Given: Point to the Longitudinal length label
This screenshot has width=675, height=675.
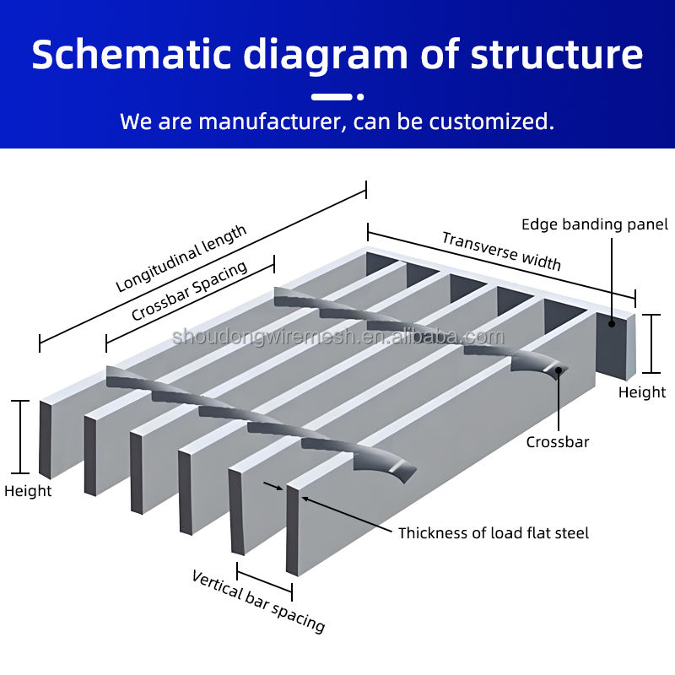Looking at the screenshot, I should pos(181,257).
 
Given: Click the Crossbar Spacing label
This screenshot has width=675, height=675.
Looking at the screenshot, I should pos(189,291).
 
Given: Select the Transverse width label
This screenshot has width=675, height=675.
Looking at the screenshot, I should pos(501,251).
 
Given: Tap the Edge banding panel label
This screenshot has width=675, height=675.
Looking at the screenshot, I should pos(594,224).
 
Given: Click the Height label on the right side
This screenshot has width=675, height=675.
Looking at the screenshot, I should pos(642,392).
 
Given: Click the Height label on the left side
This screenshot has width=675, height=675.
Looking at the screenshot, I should pos(28,491).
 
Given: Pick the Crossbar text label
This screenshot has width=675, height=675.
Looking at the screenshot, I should pos(558,442).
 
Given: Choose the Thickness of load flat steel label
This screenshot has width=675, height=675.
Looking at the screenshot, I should pos(494,533).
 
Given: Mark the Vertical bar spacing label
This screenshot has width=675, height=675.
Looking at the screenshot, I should pos(258,601).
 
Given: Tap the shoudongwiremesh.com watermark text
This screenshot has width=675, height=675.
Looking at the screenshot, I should pos(337,337).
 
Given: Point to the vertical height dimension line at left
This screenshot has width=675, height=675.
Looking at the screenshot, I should pos(19,436).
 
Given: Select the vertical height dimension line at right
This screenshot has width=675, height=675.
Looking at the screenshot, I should pos(651,343).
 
